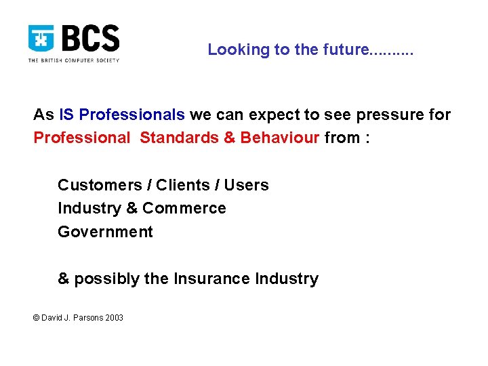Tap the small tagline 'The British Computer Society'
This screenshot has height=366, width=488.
(73, 60)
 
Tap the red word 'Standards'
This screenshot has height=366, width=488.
(178, 138)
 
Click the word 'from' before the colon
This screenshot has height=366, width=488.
(342, 138)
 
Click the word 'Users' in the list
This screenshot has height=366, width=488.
(247, 185)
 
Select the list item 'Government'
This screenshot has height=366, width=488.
(105, 232)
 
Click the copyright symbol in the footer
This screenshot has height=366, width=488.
(37, 317)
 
